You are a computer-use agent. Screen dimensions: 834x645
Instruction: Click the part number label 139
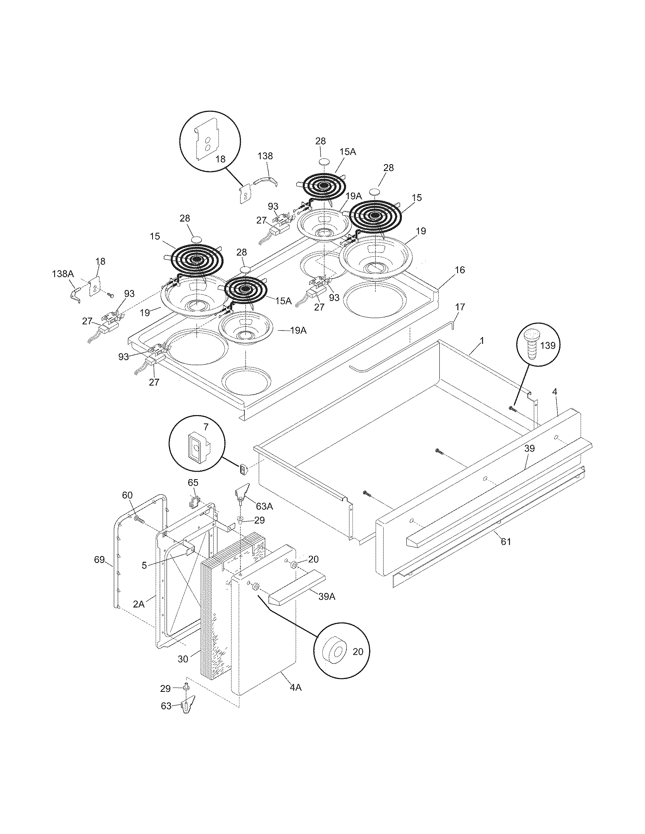tap(547, 345)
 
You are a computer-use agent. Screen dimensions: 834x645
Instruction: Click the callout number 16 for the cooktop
tap(460, 270)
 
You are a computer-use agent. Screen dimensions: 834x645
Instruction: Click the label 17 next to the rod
tap(460, 307)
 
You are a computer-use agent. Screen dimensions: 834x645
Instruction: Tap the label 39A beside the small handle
tap(327, 596)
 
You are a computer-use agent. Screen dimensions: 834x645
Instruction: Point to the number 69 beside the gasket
tap(99, 560)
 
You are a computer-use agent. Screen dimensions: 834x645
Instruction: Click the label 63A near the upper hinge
tap(264, 506)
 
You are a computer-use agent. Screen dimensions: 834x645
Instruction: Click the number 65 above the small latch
tap(193, 482)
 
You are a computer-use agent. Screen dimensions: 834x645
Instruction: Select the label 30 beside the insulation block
tap(183, 659)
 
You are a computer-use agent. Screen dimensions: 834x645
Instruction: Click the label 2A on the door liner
tap(139, 604)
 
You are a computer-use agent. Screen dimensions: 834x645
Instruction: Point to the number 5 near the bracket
tap(144, 566)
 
